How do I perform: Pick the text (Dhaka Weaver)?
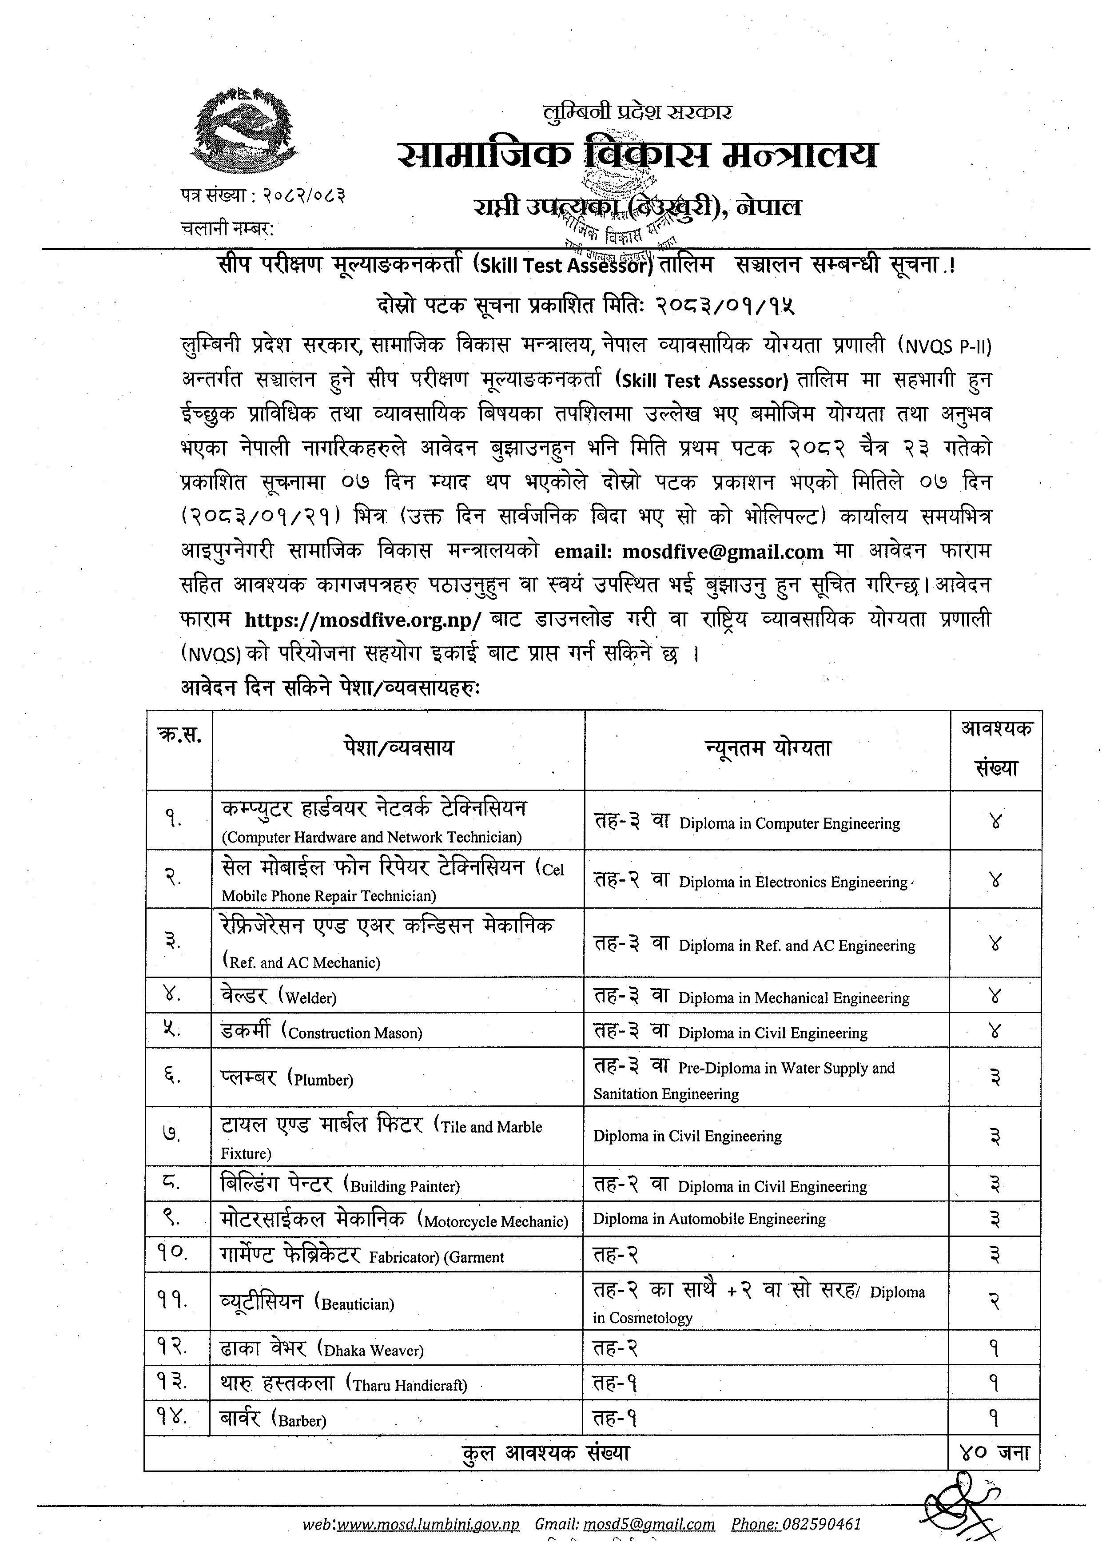tap(370, 1350)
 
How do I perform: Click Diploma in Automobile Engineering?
tap(709, 1219)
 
